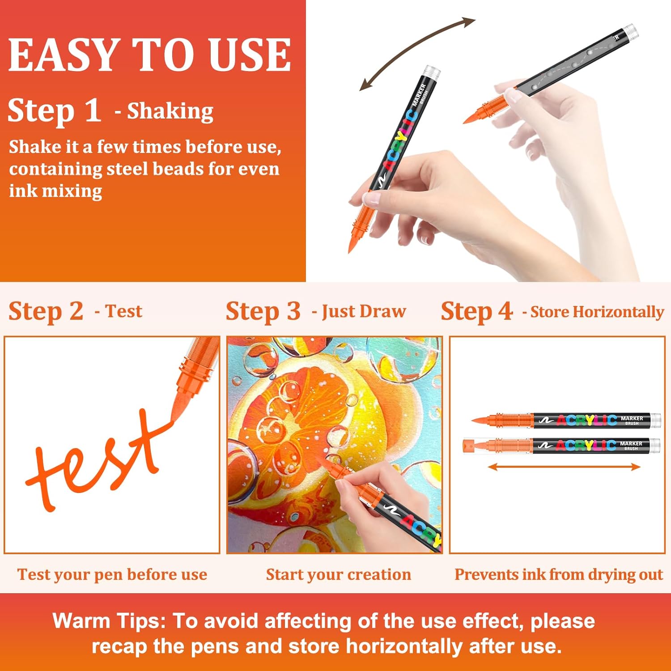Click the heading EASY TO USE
point(150,55)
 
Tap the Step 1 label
point(54,110)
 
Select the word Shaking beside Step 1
point(170,112)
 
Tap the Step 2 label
point(46,311)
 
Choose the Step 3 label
point(263,311)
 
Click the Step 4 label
point(476,311)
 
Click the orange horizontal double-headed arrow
point(564,467)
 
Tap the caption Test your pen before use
point(112,574)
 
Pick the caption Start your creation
point(339,574)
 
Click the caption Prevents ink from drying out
point(559,574)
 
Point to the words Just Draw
point(364,311)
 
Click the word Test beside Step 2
point(124,311)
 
